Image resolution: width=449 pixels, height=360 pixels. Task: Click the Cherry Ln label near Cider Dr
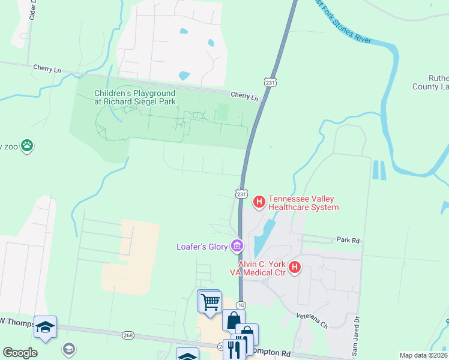pos(47,70)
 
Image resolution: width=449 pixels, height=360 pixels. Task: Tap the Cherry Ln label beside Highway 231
pos(244,95)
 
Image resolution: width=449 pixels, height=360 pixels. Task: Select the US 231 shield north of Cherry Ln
pos(271,82)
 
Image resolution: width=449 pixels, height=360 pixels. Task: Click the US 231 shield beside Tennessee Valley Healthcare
pos(241,194)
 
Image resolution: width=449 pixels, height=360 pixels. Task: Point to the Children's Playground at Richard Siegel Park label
pos(134,97)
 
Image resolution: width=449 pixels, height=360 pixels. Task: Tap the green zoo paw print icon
pos(27,145)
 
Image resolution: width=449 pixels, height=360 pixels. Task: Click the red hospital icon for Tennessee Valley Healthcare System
pos(259,202)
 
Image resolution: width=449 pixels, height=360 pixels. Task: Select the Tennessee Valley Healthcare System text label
pos(303,203)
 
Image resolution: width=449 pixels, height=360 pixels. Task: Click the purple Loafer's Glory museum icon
pos(237,245)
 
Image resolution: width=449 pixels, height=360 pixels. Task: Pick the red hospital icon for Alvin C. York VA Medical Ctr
pos(294,268)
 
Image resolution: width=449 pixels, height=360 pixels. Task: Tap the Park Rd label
pos(348,240)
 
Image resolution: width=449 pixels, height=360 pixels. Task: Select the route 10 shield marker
pos(241,305)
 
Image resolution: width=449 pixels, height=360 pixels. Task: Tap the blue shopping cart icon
pos(210,301)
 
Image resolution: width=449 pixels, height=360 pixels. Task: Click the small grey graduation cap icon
pos(69,349)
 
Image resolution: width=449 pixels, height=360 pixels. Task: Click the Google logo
pos(20,353)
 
